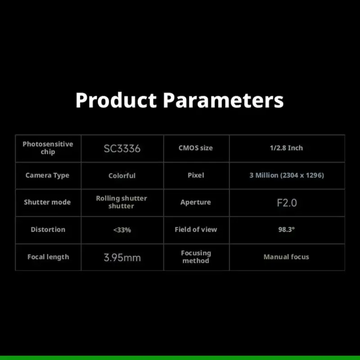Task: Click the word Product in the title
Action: tap(116, 100)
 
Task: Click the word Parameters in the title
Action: tap(223, 100)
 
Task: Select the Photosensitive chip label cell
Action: tap(48, 148)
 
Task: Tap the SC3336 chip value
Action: tap(122, 148)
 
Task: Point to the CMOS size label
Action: tap(196, 148)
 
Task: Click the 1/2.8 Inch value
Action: tap(286, 148)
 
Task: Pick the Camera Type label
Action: tap(47, 175)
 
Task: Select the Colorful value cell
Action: tap(122, 175)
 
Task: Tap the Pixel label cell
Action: tap(196, 175)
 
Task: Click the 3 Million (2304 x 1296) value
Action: tap(287, 175)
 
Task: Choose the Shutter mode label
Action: tap(47, 202)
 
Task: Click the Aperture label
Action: tap(196, 202)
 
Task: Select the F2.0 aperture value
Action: tap(287, 203)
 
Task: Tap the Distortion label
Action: tap(48, 229)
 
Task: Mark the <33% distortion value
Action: tap(122, 230)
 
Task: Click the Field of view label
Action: tap(196, 229)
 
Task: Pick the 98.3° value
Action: tap(287, 229)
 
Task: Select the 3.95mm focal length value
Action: tap(122, 257)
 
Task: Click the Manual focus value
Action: tap(286, 257)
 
